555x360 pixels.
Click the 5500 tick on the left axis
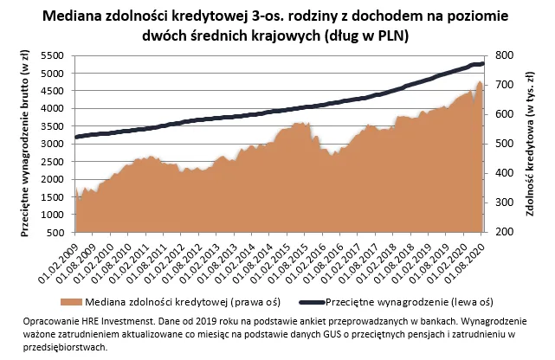52,55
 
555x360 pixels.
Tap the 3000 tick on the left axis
52,145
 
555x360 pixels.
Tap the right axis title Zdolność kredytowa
530,144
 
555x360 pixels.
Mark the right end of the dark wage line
483,63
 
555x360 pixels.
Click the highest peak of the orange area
480,82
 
